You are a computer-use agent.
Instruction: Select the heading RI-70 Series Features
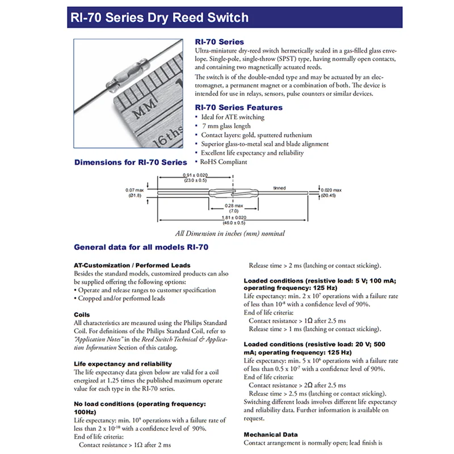[x=238, y=107]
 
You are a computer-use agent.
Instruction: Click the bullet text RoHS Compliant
[x=224, y=162]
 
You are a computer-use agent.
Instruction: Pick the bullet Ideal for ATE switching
[x=233, y=117]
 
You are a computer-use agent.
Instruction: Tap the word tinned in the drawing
[x=279, y=187]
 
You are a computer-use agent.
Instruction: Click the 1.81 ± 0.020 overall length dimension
[x=234, y=217]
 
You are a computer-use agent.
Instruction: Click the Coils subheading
[x=82, y=314]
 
